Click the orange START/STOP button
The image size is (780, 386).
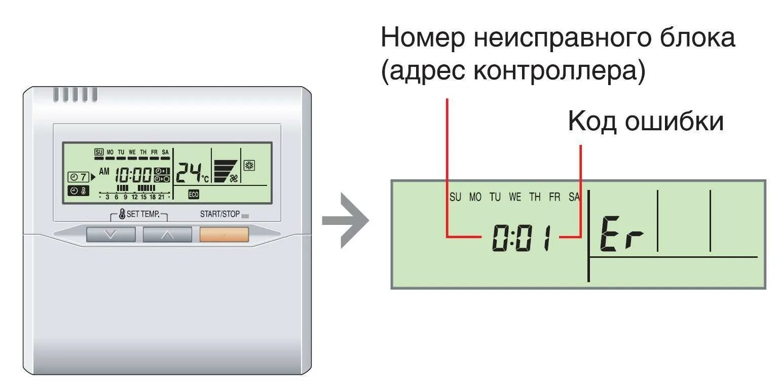(224, 235)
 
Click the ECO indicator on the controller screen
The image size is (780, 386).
(194, 194)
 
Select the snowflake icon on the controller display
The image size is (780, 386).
(249, 166)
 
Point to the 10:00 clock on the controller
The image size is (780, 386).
(133, 175)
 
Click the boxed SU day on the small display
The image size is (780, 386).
(99, 152)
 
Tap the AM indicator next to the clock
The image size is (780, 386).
(104, 172)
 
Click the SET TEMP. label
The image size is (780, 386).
(142, 214)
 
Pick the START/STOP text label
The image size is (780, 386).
(219, 214)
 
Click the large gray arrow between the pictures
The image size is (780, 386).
(346, 220)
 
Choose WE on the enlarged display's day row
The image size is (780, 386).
(515, 198)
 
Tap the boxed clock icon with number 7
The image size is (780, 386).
(79, 177)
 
